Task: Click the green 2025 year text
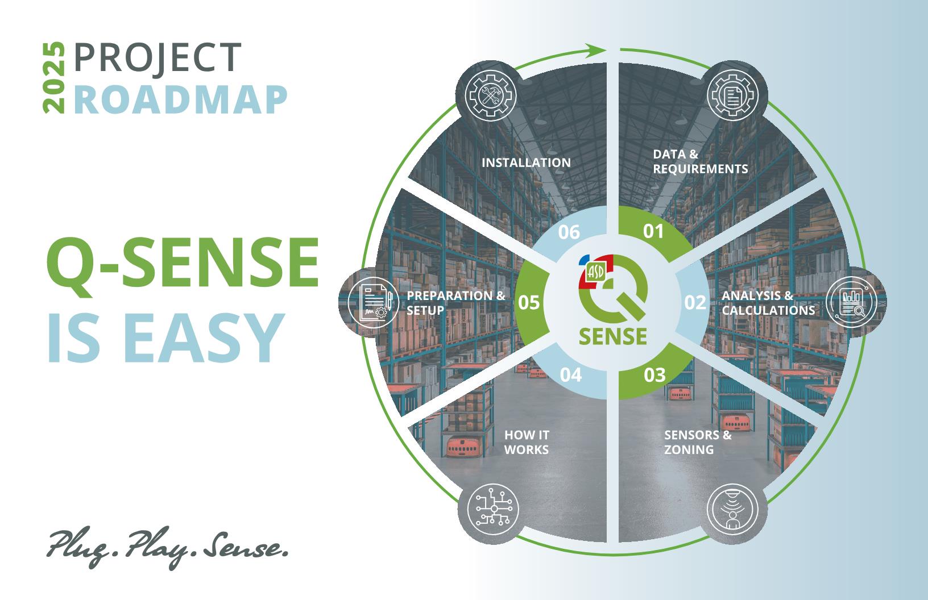[x=54, y=77]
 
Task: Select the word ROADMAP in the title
[x=181, y=99]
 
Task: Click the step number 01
[x=653, y=231]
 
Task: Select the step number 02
[x=695, y=303]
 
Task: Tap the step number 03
[x=654, y=375]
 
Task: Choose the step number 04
[x=571, y=375]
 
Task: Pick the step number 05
[x=529, y=303]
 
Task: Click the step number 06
[x=569, y=232]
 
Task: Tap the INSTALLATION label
[x=526, y=163]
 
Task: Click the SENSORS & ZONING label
[x=698, y=442]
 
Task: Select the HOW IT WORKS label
[x=527, y=442]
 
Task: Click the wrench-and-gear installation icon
[x=491, y=95]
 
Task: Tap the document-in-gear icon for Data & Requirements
[x=732, y=95]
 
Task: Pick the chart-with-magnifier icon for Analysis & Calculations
[x=851, y=302]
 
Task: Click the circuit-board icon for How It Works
[x=493, y=509]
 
